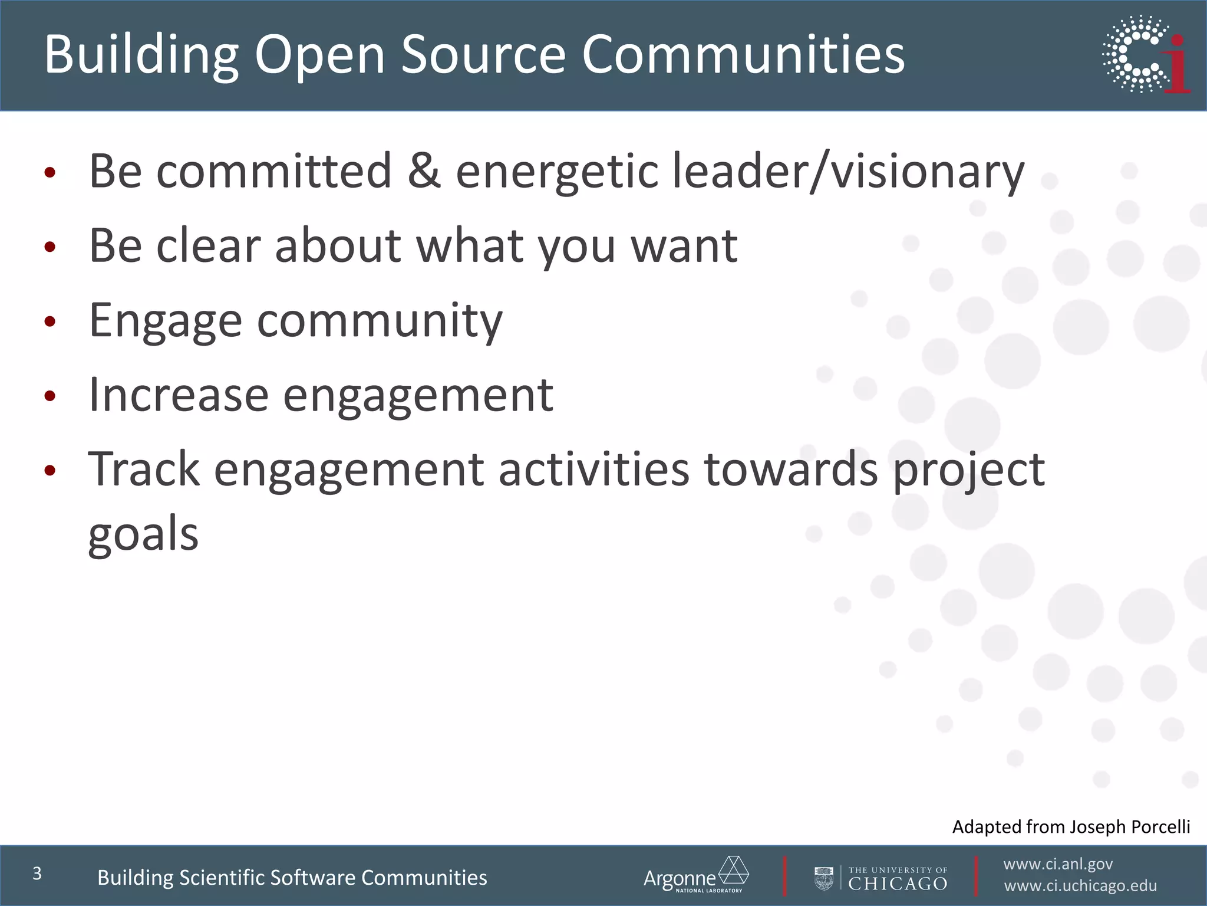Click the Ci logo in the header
click(1146, 54)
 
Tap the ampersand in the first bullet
click(424, 170)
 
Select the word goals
click(143, 534)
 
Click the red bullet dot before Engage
click(50, 321)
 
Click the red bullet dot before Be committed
click(50, 172)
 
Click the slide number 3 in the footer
click(37, 874)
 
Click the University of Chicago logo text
click(897, 878)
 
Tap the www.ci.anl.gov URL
click(1058, 864)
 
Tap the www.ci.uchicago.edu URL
click(1080, 886)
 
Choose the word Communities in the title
click(743, 54)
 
